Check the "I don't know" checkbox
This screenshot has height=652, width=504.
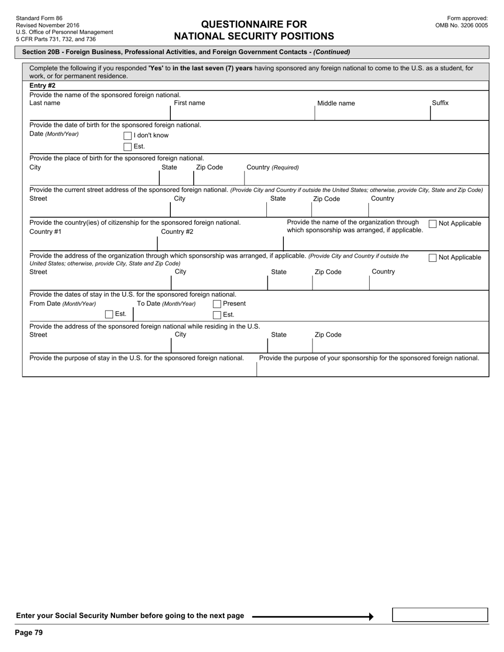(x=127, y=136)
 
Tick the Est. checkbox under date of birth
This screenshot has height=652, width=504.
(x=127, y=147)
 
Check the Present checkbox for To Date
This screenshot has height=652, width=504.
(x=217, y=304)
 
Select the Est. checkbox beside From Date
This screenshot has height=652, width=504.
(x=109, y=314)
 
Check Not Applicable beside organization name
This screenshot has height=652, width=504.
(x=432, y=224)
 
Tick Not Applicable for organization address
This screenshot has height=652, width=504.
(x=432, y=258)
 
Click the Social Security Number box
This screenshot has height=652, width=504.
(x=440, y=615)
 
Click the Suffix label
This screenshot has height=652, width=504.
(x=440, y=103)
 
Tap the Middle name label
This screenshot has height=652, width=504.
(x=336, y=103)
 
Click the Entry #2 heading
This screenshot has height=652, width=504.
(x=42, y=85)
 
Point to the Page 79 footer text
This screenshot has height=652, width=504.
(x=29, y=632)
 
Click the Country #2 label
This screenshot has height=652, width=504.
(x=177, y=232)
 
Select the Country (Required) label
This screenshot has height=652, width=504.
(x=273, y=168)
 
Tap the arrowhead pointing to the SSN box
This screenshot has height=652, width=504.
(x=371, y=616)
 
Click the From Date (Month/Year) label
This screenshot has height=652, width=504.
(x=63, y=304)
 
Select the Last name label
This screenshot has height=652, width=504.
(x=45, y=103)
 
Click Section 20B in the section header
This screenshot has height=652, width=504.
(x=42, y=52)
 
